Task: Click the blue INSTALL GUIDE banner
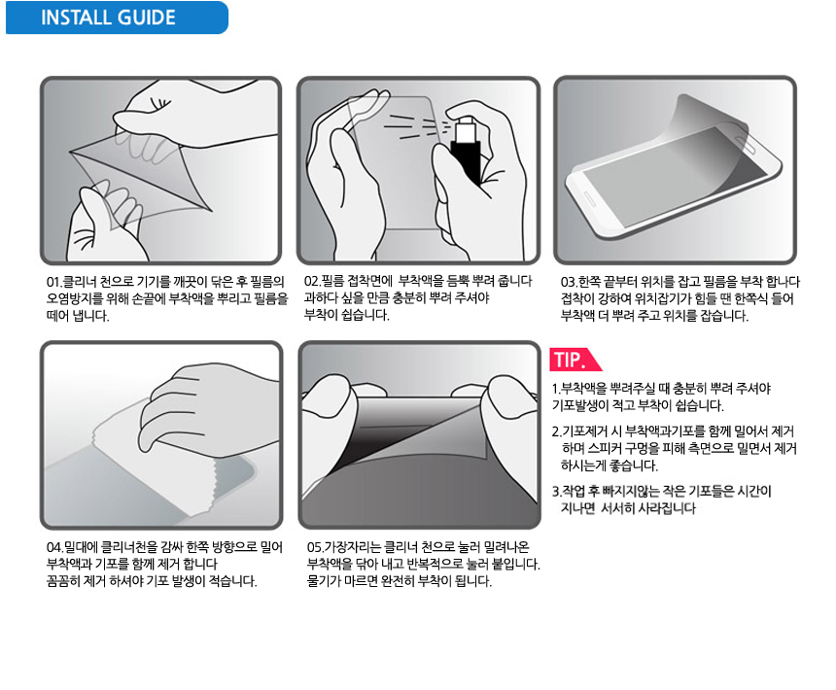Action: pyautogui.click(x=117, y=17)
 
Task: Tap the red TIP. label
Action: pyautogui.click(x=574, y=360)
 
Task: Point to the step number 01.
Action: pyautogui.click(x=53, y=282)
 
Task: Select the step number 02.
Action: pyautogui.click(x=312, y=281)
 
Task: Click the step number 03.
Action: pyautogui.click(x=569, y=282)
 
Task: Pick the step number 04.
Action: pyautogui.click(x=54, y=547)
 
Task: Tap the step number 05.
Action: pyautogui.click(x=315, y=547)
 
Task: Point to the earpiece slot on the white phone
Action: pyautogui.click(x=745, y=143)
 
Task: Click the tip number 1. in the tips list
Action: pyautogui.click(x=556, y=389)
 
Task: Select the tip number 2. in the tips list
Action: pyautogui.click(x=557, y=431)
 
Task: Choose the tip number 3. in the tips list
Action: pyautogui.click(x=557, y=491)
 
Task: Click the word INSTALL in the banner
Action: pyautogui.click(x=75, y=17)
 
